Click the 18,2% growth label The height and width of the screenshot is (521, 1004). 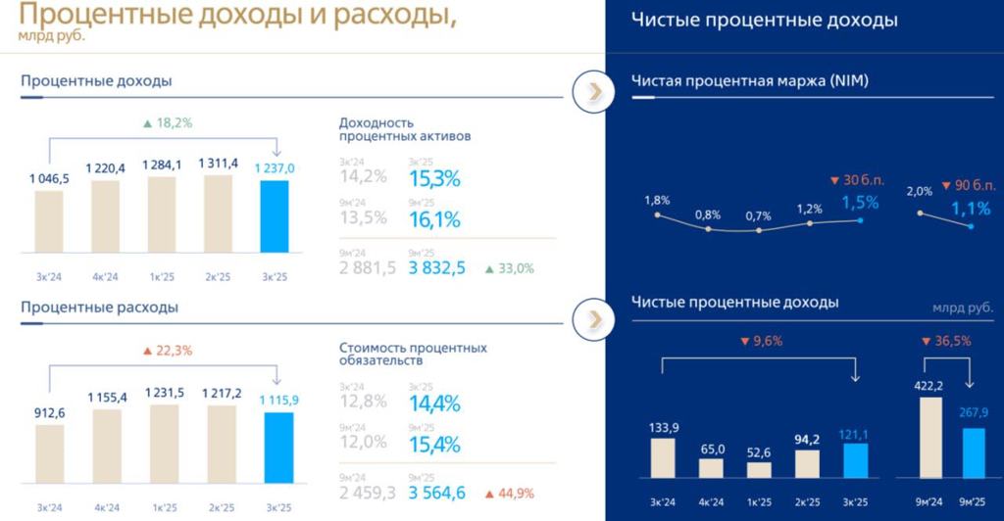pyautogui.click(x=168, y=123)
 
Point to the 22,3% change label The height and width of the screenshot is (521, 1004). pyautogui.click(x=168, y=351)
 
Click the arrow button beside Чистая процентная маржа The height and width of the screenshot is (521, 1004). pyautogui.click(x=593, y=90)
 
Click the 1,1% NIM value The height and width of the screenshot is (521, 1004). pyautogui.click(x=970, y=209)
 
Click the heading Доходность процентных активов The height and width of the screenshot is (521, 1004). pyautogui.click(x=404, y=129)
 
